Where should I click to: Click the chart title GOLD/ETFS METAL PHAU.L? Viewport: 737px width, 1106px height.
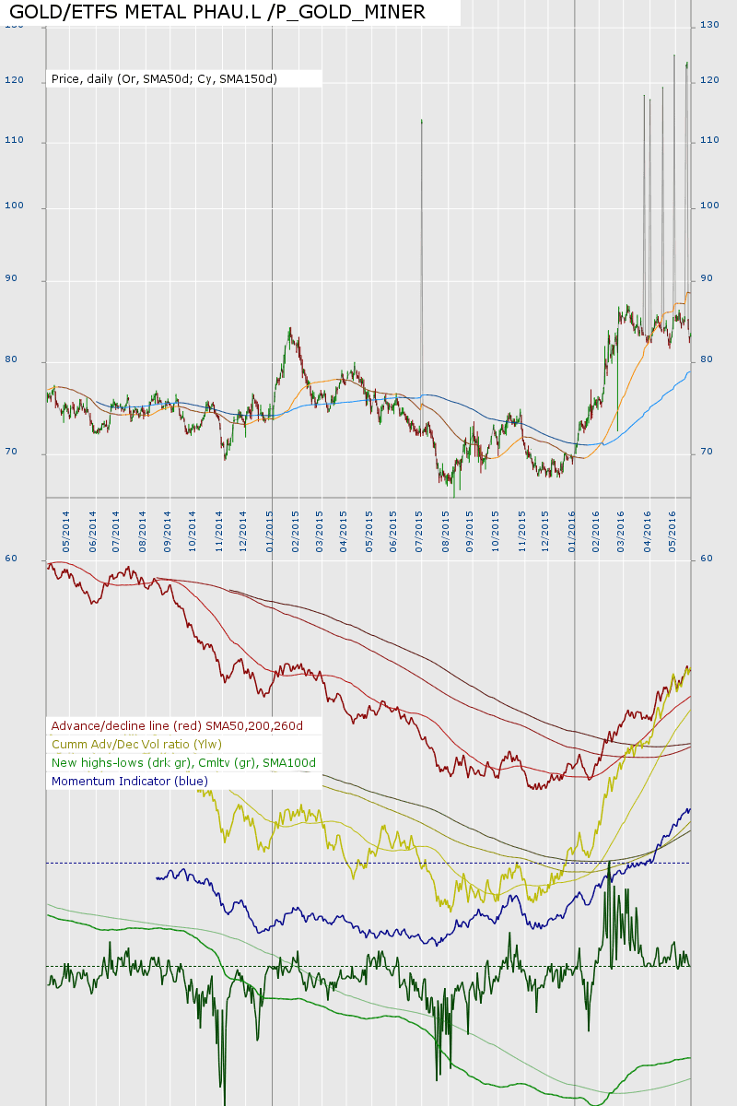pyautogui.click(x=217, y=12)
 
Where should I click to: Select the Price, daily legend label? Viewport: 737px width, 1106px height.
pyautogui.click(x=164, y=79)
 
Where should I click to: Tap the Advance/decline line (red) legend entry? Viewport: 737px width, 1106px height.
pyautogui.click(x=177, y=726)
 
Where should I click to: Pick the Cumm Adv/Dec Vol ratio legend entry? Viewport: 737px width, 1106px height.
pyautogui.click(x=136, y=745)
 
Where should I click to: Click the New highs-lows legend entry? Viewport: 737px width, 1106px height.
pyautogui.click(x=183, y=763)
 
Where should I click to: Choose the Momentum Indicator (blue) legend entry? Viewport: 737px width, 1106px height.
pyautogui.click(x=130, y=782)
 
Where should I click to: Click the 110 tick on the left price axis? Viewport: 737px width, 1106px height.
pyautogui.click(x=39, y=142)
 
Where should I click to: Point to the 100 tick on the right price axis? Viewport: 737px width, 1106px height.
pyautogui.click(x=709, y=206)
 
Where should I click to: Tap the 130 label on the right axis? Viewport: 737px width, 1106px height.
pyautogui.click(x=709, y=25)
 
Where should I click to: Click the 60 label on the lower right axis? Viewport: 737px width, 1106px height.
pyautogui.click(x=707, y=559)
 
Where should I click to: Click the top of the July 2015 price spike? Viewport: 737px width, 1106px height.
pyautogui.click(x=421, y=121)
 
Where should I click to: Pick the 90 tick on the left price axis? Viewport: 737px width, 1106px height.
pyautogui.click(x=39, y=280)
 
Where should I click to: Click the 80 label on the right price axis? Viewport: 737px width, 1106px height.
pyautogui.click(x=707, y=359)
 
